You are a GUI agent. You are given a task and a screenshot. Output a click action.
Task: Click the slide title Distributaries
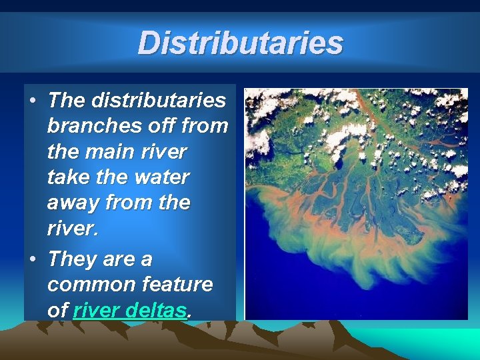tap(240, 43)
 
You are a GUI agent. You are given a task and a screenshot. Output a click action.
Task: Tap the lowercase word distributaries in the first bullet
tap(159, 101)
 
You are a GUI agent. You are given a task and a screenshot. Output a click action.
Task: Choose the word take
tap(70, 177)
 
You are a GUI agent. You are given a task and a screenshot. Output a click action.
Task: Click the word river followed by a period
tap(71, 228)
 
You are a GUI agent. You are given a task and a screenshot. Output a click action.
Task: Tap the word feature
tap(178, 285)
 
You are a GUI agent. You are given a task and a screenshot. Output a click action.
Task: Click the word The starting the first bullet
tap(67, 101)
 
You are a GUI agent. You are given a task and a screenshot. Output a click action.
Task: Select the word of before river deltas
tap(58, 310)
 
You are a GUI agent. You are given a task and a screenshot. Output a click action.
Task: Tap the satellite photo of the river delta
tap(356, 204)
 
